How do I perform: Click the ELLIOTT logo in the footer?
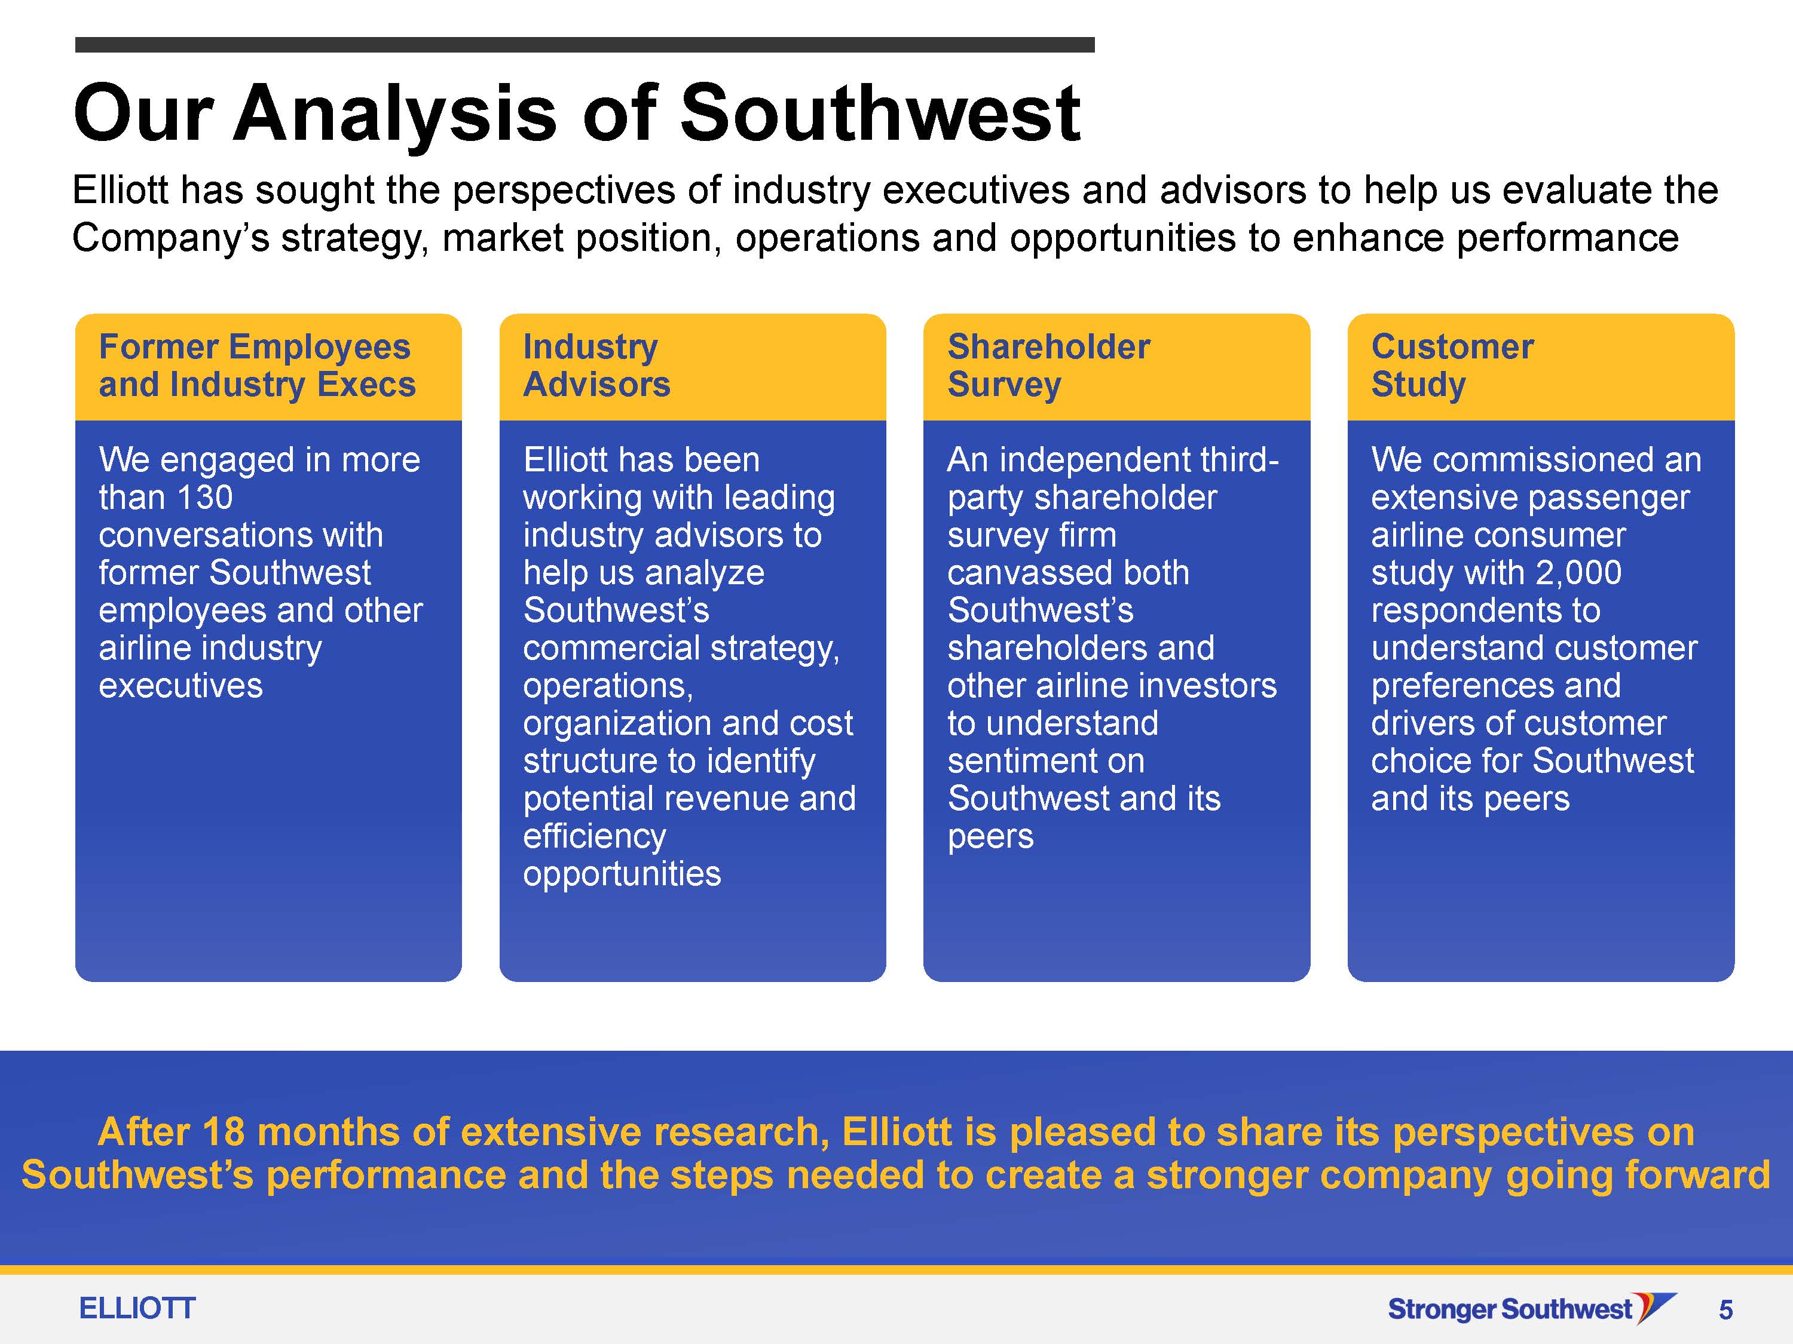tap(137, 1308)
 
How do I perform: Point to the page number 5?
tap(1725, 1310)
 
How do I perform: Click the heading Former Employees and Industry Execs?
tap(257, 366)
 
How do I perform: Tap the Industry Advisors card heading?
tap(596, 366)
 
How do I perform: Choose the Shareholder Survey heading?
tap(1048, 366)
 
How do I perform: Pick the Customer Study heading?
tap(1452, 366)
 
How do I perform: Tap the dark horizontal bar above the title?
tap(585, 45)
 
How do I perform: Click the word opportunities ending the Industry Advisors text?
tap(622, 874)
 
